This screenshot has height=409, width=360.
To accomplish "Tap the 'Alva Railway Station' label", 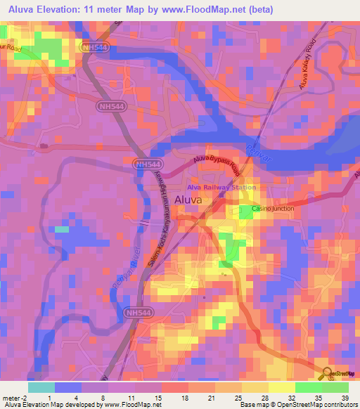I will click(221, 188).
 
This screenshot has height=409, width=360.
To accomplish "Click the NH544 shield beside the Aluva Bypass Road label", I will click(144, 163).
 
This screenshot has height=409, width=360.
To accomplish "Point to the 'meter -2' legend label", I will click(15, 397).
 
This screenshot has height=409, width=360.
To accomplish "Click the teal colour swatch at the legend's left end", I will click(40, 387).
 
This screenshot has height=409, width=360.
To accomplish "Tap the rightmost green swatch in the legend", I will click(335, 387).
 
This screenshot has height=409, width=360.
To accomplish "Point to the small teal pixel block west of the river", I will click(62, 229).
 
